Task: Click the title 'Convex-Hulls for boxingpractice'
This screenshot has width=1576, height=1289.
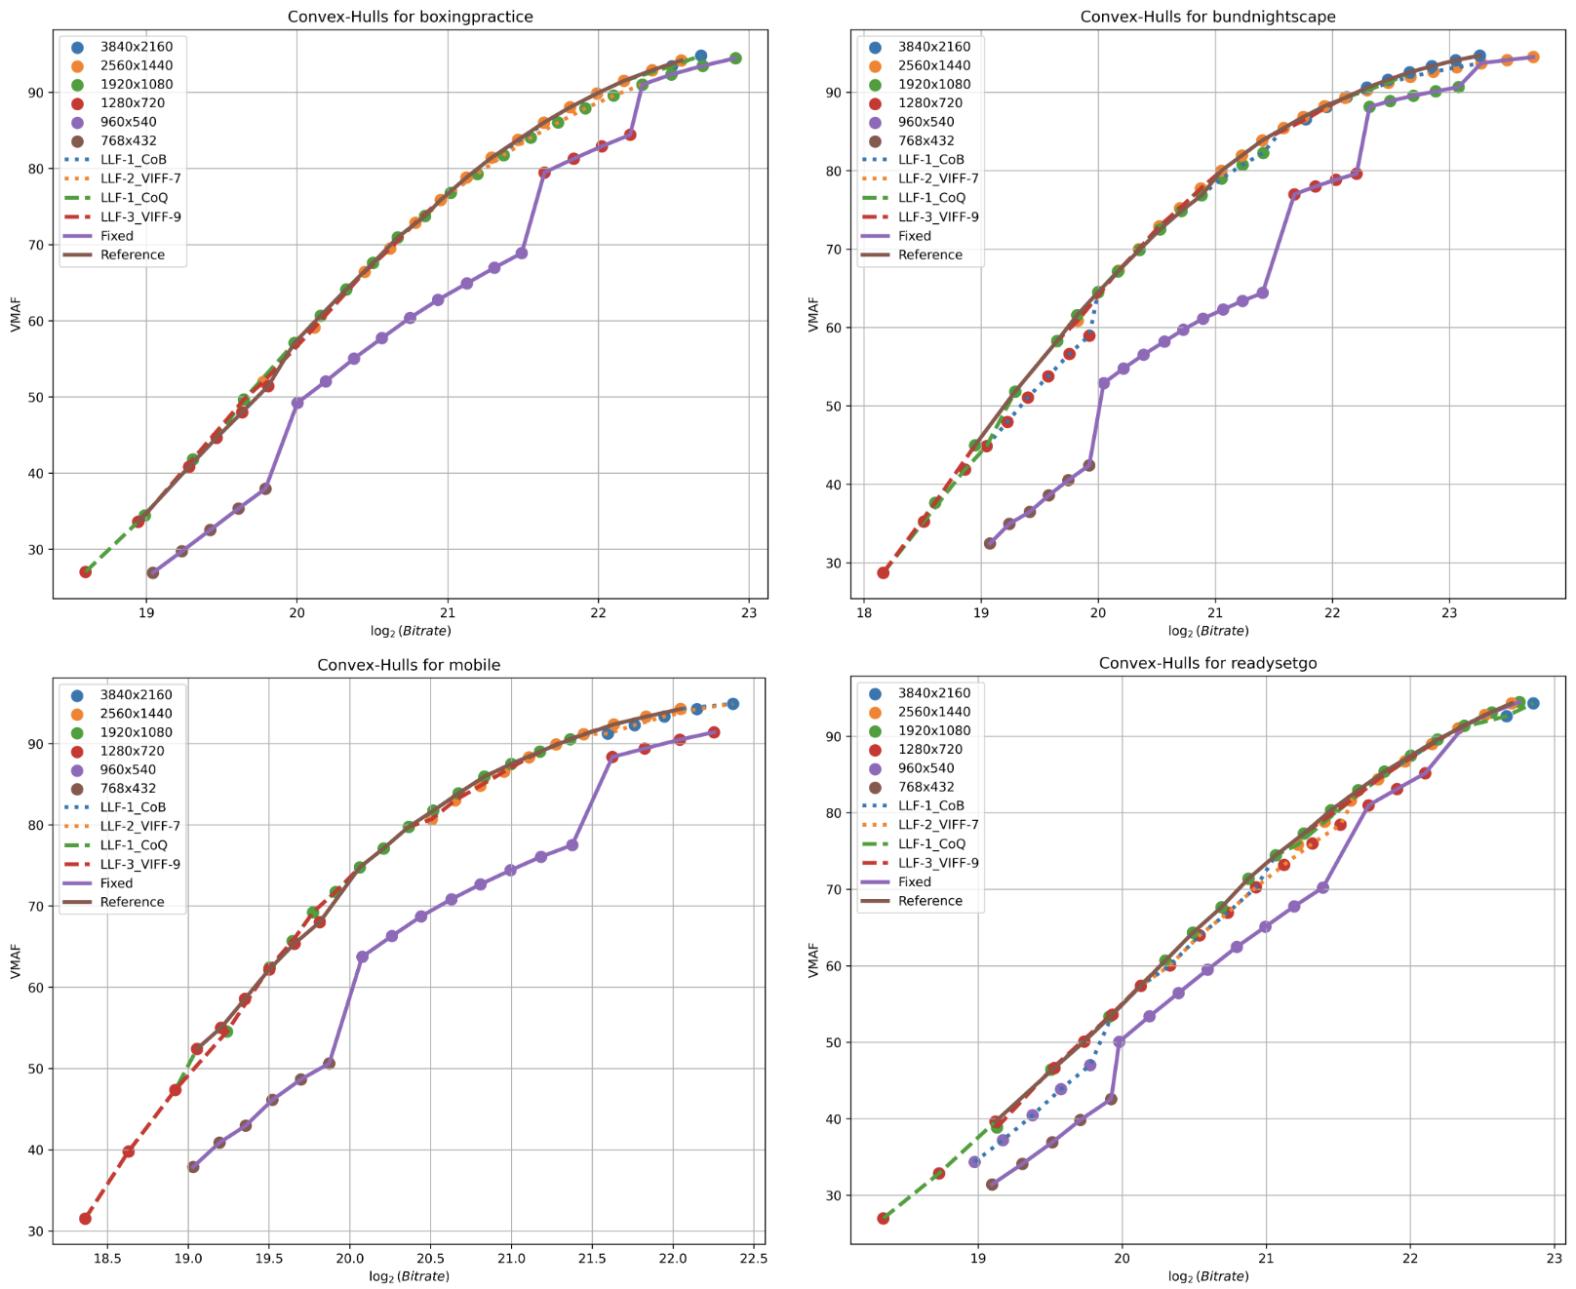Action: tap(410, 17)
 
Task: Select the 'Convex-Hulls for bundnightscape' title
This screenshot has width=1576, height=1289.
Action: tap(1207, 17)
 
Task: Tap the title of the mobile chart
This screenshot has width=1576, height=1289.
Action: tap(409, 665)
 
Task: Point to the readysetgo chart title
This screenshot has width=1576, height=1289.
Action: tap(1207, 663)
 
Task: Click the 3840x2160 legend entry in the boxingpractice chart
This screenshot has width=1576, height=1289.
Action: tap(136, 46)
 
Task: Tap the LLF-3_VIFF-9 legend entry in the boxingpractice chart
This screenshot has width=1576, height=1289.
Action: tap(140, 216)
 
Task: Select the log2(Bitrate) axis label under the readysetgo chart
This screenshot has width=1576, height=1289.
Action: tap(1207, 1275)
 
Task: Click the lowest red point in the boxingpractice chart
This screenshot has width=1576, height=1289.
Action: tap(86, 571)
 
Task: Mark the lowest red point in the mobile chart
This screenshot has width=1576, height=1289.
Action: tap(86, 1218)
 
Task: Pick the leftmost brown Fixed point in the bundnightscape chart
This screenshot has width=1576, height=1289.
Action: tap(990, 543)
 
